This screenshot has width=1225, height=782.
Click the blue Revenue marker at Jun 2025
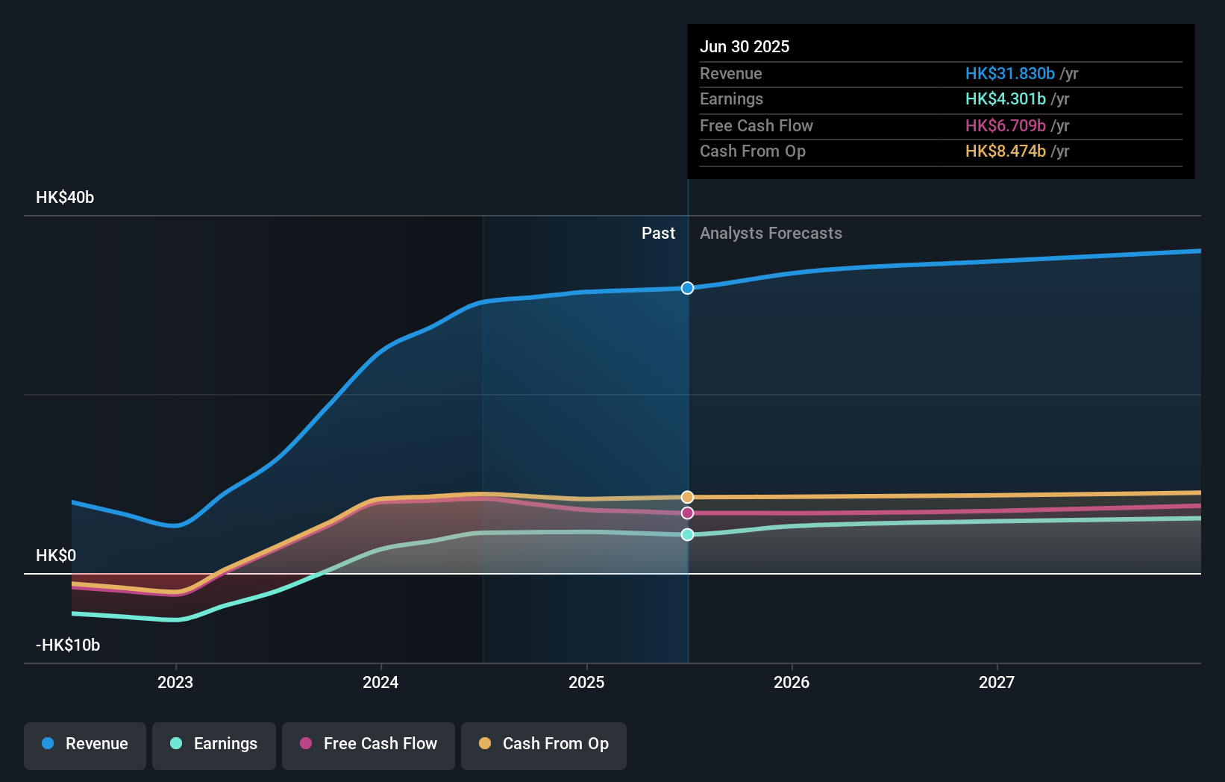(687, 288)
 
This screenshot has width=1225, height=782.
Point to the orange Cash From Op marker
(687, 497)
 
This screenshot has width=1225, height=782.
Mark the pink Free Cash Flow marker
(687, 513)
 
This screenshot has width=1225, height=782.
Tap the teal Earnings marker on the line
(687, 534)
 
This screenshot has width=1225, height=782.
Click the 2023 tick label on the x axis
(175, 683)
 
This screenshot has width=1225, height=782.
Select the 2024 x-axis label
(380, 683)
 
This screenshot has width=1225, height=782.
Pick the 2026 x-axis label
(792, 683)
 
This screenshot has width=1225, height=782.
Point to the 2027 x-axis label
(997, 683)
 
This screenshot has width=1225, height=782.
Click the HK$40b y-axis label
(65, 198)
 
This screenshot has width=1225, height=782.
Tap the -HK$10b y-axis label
(68, 645)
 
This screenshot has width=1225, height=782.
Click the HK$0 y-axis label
(56, 556)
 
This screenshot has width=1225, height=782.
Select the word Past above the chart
(659, 234)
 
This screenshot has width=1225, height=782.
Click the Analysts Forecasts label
(771, 234)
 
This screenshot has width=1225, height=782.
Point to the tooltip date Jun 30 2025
(745, 46)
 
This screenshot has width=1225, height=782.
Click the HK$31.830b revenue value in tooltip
(1010, 73)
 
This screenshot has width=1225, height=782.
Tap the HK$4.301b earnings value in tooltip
(1006, 99)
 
